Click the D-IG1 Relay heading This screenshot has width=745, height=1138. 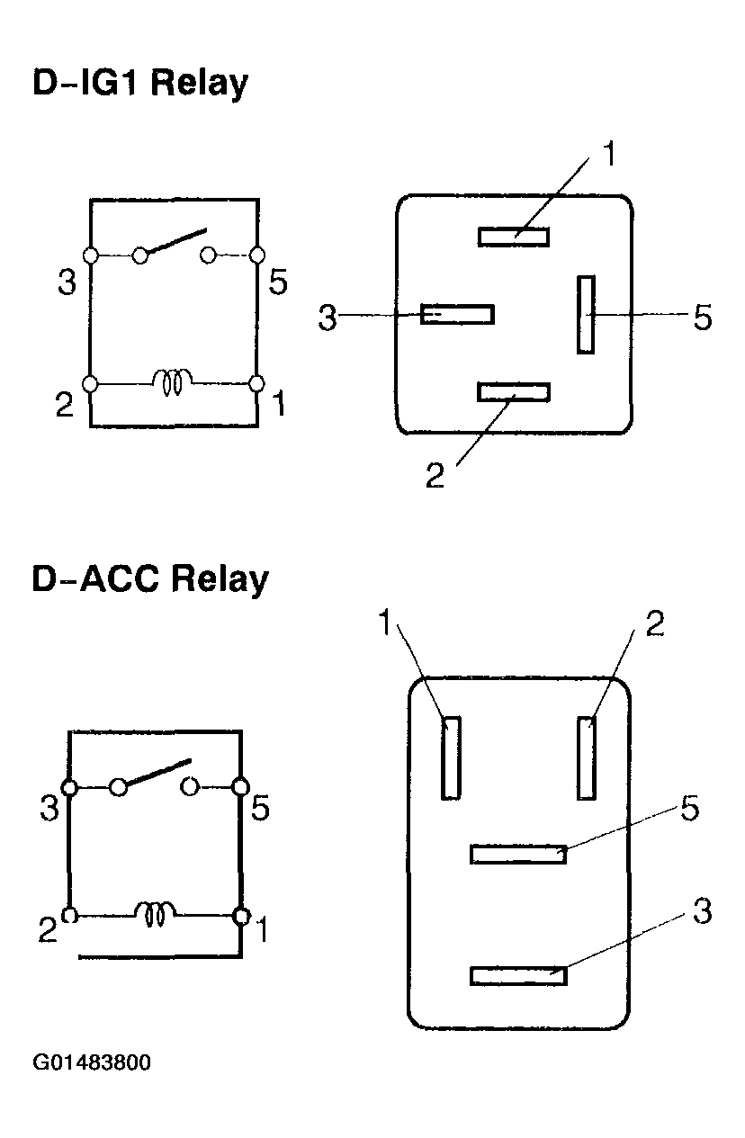[140, 84]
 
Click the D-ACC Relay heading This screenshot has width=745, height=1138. [150, 579]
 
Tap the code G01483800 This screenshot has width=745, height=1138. [93, 1062]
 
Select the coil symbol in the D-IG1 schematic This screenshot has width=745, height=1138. [172, 383]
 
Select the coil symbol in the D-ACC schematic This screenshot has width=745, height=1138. [156, 915]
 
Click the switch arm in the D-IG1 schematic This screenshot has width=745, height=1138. [173, 243]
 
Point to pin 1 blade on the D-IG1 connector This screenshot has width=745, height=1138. [514, 237]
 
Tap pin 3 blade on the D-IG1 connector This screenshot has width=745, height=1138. [457, 314]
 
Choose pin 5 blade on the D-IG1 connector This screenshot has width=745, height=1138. [587, 314]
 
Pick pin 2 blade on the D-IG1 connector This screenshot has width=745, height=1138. [514, 392]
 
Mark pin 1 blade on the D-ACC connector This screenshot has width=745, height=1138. [451, 757]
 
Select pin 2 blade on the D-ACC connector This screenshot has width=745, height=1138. [587, 757]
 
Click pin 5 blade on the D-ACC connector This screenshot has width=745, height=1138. [518, 854]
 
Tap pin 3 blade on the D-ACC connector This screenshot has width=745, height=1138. [518, 975]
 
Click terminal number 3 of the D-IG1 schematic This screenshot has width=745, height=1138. [67, 282]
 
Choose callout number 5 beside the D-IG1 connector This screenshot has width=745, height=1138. [703, 317]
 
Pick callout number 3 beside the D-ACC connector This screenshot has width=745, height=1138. [703, 912]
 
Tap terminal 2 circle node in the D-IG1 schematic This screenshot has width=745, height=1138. [90, 383]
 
